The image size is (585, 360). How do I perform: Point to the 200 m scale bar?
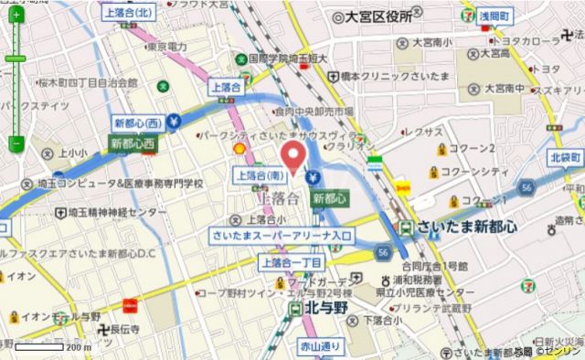(x=40, y=347)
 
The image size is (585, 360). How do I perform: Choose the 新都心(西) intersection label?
(x=138, y=122)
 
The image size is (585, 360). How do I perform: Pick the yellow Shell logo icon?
(x=239, y=148)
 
